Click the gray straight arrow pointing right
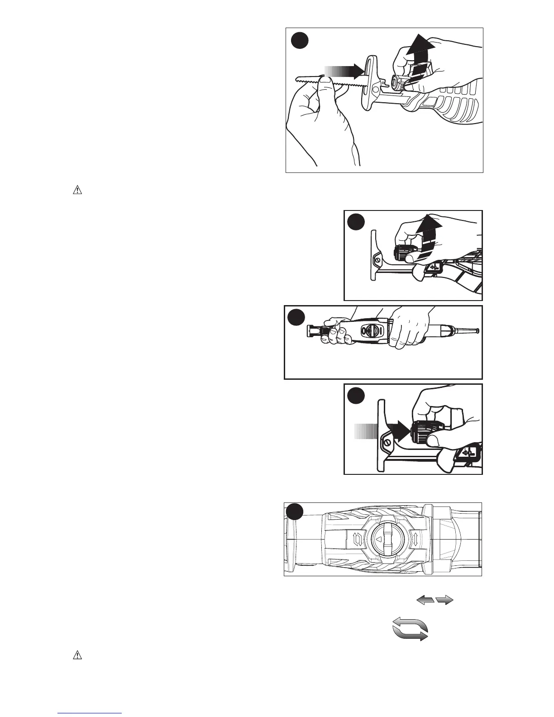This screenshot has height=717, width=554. (x=445, y=600)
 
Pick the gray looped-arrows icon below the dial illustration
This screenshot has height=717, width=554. (x=410, y=629)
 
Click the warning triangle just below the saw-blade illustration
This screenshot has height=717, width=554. (x=77, y=191)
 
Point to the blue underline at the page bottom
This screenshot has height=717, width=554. (x=90, y=713)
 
